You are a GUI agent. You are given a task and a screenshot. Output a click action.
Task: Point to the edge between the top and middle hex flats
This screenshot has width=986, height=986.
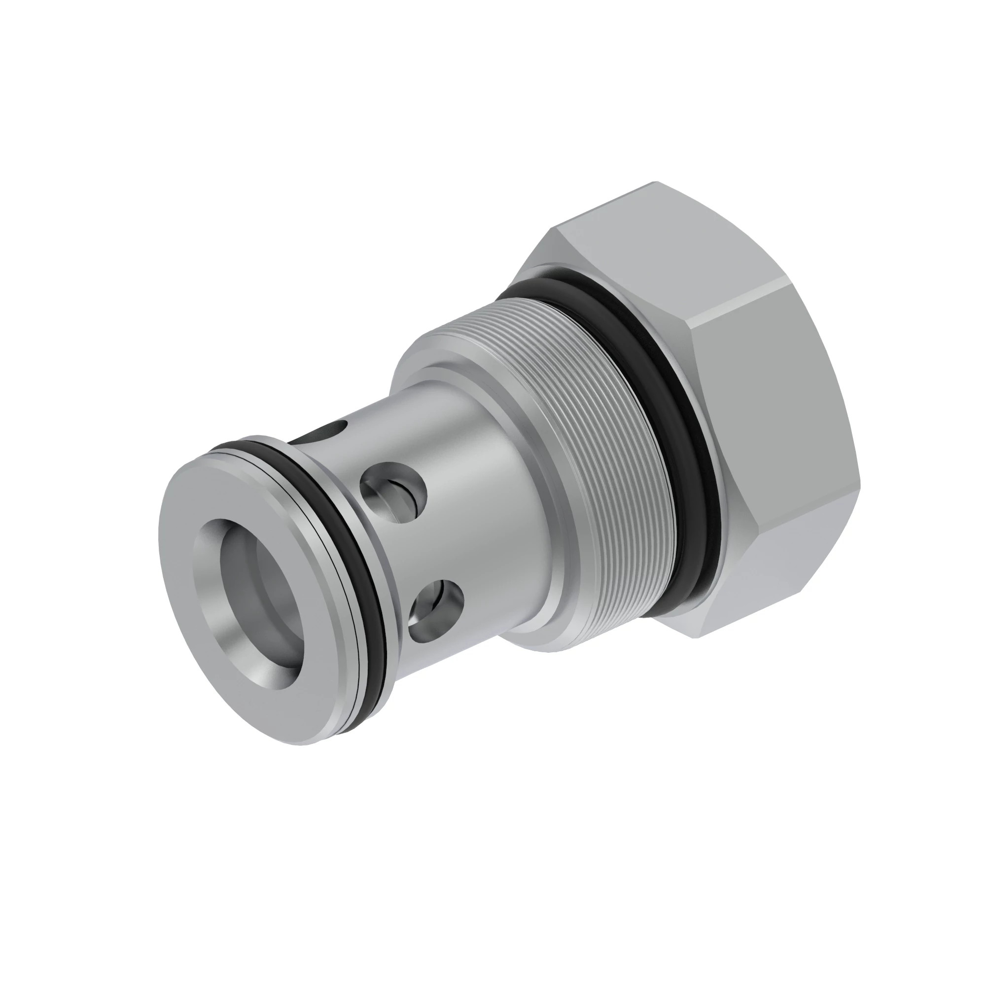pos(735,301)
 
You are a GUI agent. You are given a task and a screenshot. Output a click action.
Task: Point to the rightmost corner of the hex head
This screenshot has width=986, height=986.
pos(860,480)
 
